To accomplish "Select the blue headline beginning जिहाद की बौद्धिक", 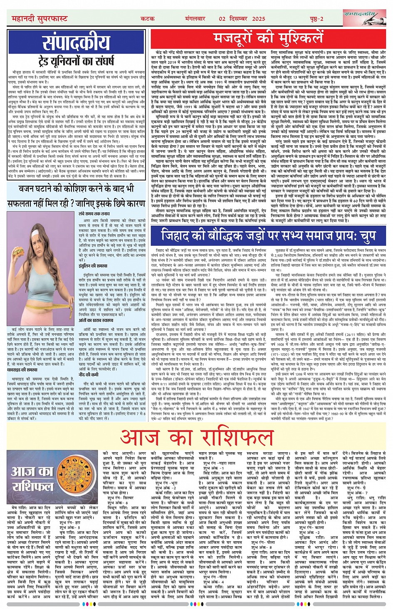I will (x=269, y=235).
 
